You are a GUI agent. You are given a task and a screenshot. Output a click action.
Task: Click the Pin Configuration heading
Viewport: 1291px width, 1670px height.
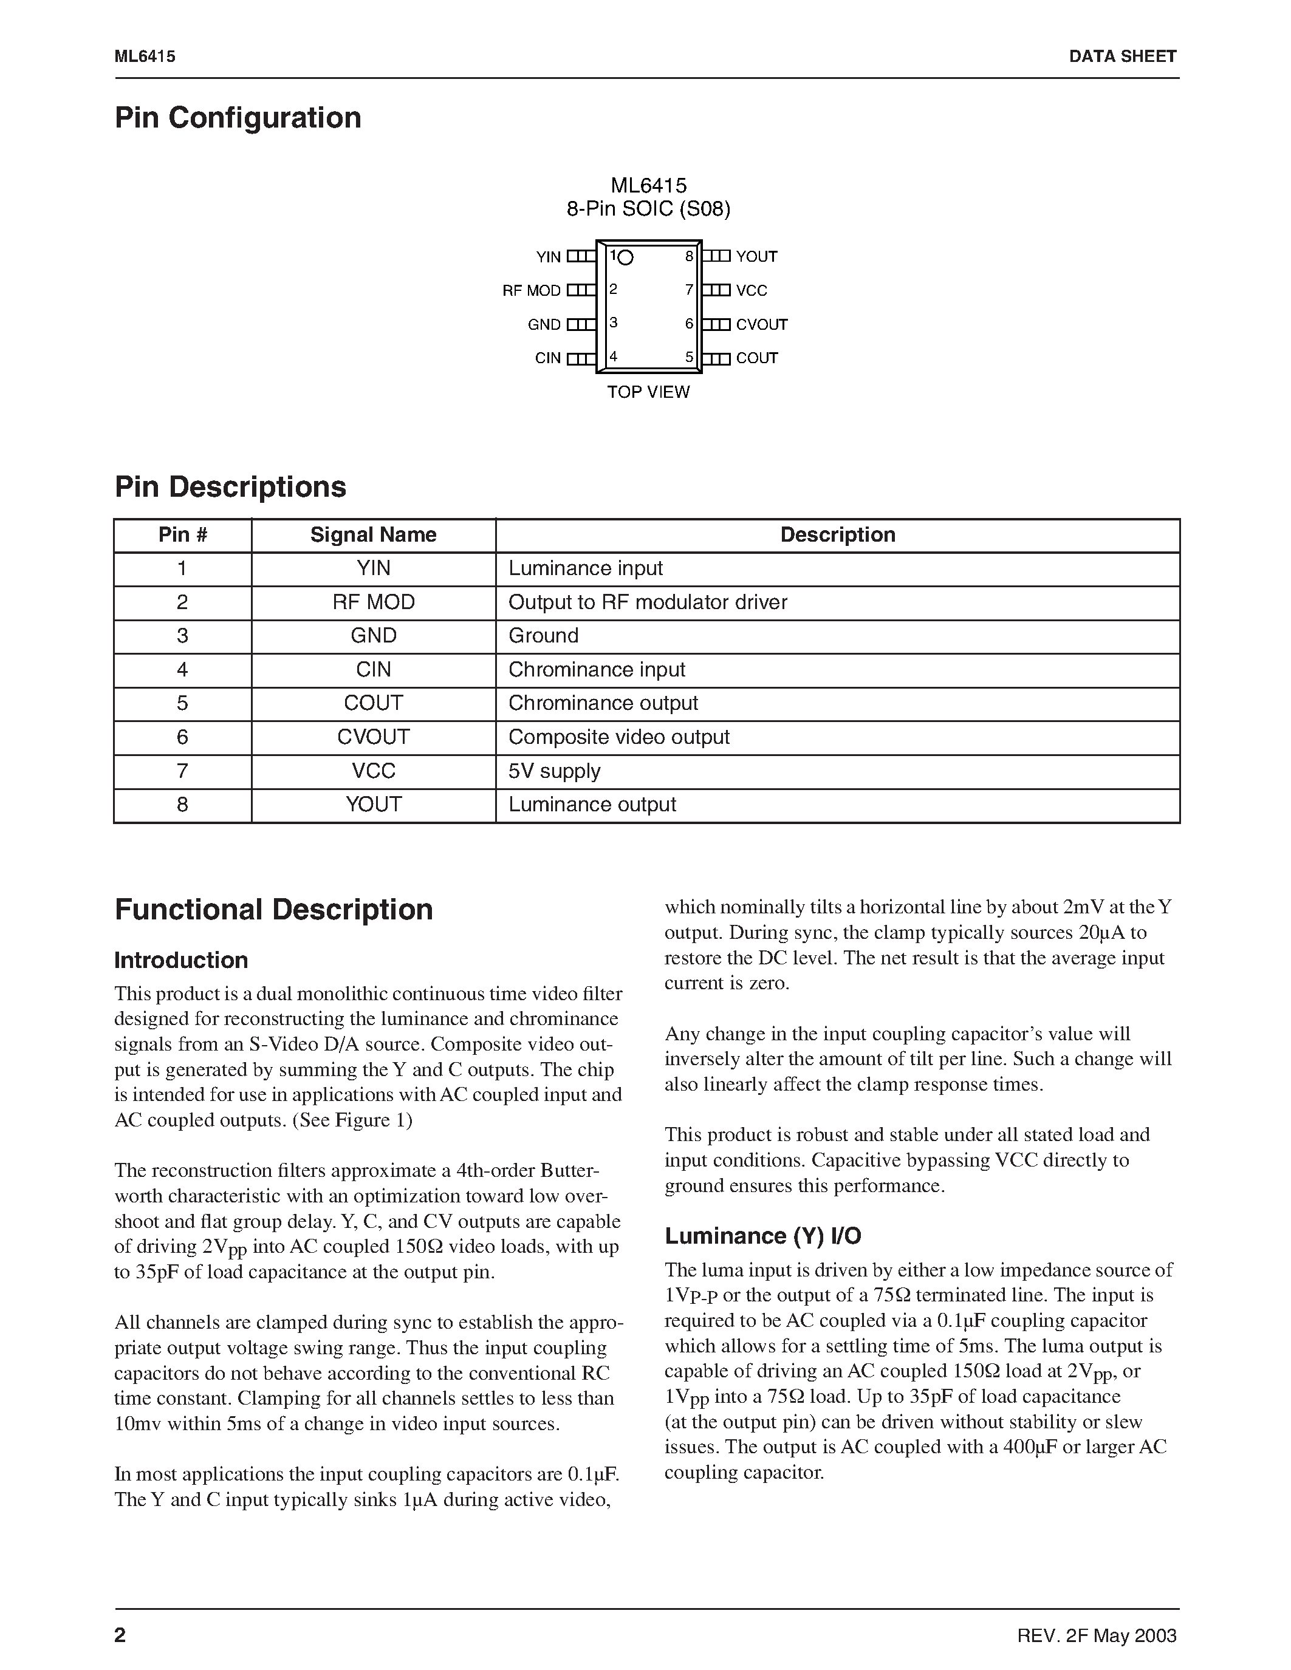tap(238, 118)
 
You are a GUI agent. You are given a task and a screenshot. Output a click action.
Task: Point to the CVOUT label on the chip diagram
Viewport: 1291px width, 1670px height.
tap(761, 325)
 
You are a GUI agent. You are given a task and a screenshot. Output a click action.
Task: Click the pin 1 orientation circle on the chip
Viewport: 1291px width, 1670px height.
tap(625, 257)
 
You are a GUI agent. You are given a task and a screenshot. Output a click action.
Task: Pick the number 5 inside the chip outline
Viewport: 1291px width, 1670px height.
tap(688, 357)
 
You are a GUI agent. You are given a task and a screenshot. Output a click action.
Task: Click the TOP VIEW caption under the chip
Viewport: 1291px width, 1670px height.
tap(648, 392)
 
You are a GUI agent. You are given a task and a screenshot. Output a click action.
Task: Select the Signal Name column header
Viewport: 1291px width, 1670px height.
tap(373, 535)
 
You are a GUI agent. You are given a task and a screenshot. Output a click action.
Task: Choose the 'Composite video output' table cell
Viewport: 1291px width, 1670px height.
tap(618, 738)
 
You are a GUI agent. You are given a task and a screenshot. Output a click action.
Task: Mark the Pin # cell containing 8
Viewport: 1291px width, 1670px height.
tap(182, 805)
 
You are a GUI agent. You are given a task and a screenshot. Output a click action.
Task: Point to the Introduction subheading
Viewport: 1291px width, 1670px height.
tap(181, 961)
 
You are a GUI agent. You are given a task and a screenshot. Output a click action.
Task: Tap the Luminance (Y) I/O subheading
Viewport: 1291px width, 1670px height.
tap(762, 1236)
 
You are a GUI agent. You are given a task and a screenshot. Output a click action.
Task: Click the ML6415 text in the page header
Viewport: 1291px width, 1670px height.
tap(145, 56)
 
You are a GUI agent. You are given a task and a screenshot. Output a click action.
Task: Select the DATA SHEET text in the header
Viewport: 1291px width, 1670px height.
tap(1122, 56)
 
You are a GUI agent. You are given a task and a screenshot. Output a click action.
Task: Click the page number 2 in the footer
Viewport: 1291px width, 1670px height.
tap(120, 1635)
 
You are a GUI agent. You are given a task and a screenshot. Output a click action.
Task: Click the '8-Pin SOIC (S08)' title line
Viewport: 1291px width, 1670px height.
tap(648, 210)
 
